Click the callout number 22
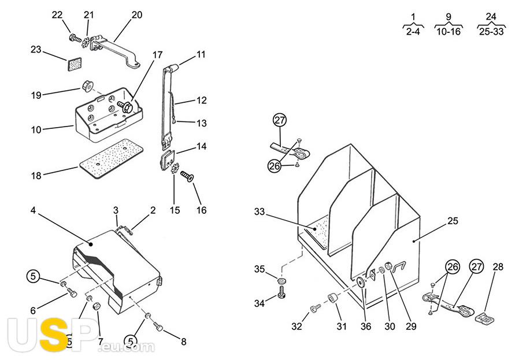pos(57,15)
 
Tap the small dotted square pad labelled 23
pos(75,64)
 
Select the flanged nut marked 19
pos(87,86)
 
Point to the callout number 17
pos(158,54)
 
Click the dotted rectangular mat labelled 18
pos(111,159)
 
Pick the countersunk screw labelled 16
pos(187,176)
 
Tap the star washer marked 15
pos(175,168)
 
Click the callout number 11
pos(201,54)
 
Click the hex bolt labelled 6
pos(72,292)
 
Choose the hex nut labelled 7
pos(97,306)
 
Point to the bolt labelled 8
pos(158,327)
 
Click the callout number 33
pos(259,211)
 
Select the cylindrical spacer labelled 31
pos(332,298)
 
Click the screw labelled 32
pos(316,309)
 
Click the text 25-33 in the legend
pos(491,32)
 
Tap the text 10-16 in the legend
pos(448,32)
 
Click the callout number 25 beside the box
pos(453,221)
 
